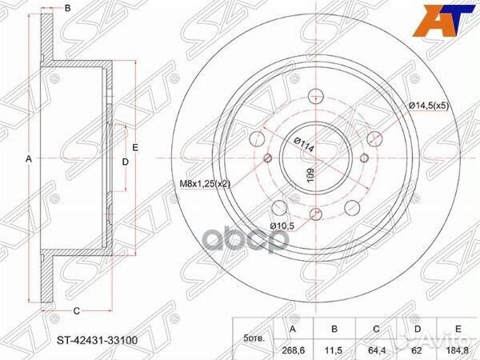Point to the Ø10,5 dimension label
point(282,226)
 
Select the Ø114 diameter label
point(302,145)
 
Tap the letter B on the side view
point(68,8)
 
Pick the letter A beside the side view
point(29,159)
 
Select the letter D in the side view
point(125,162)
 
